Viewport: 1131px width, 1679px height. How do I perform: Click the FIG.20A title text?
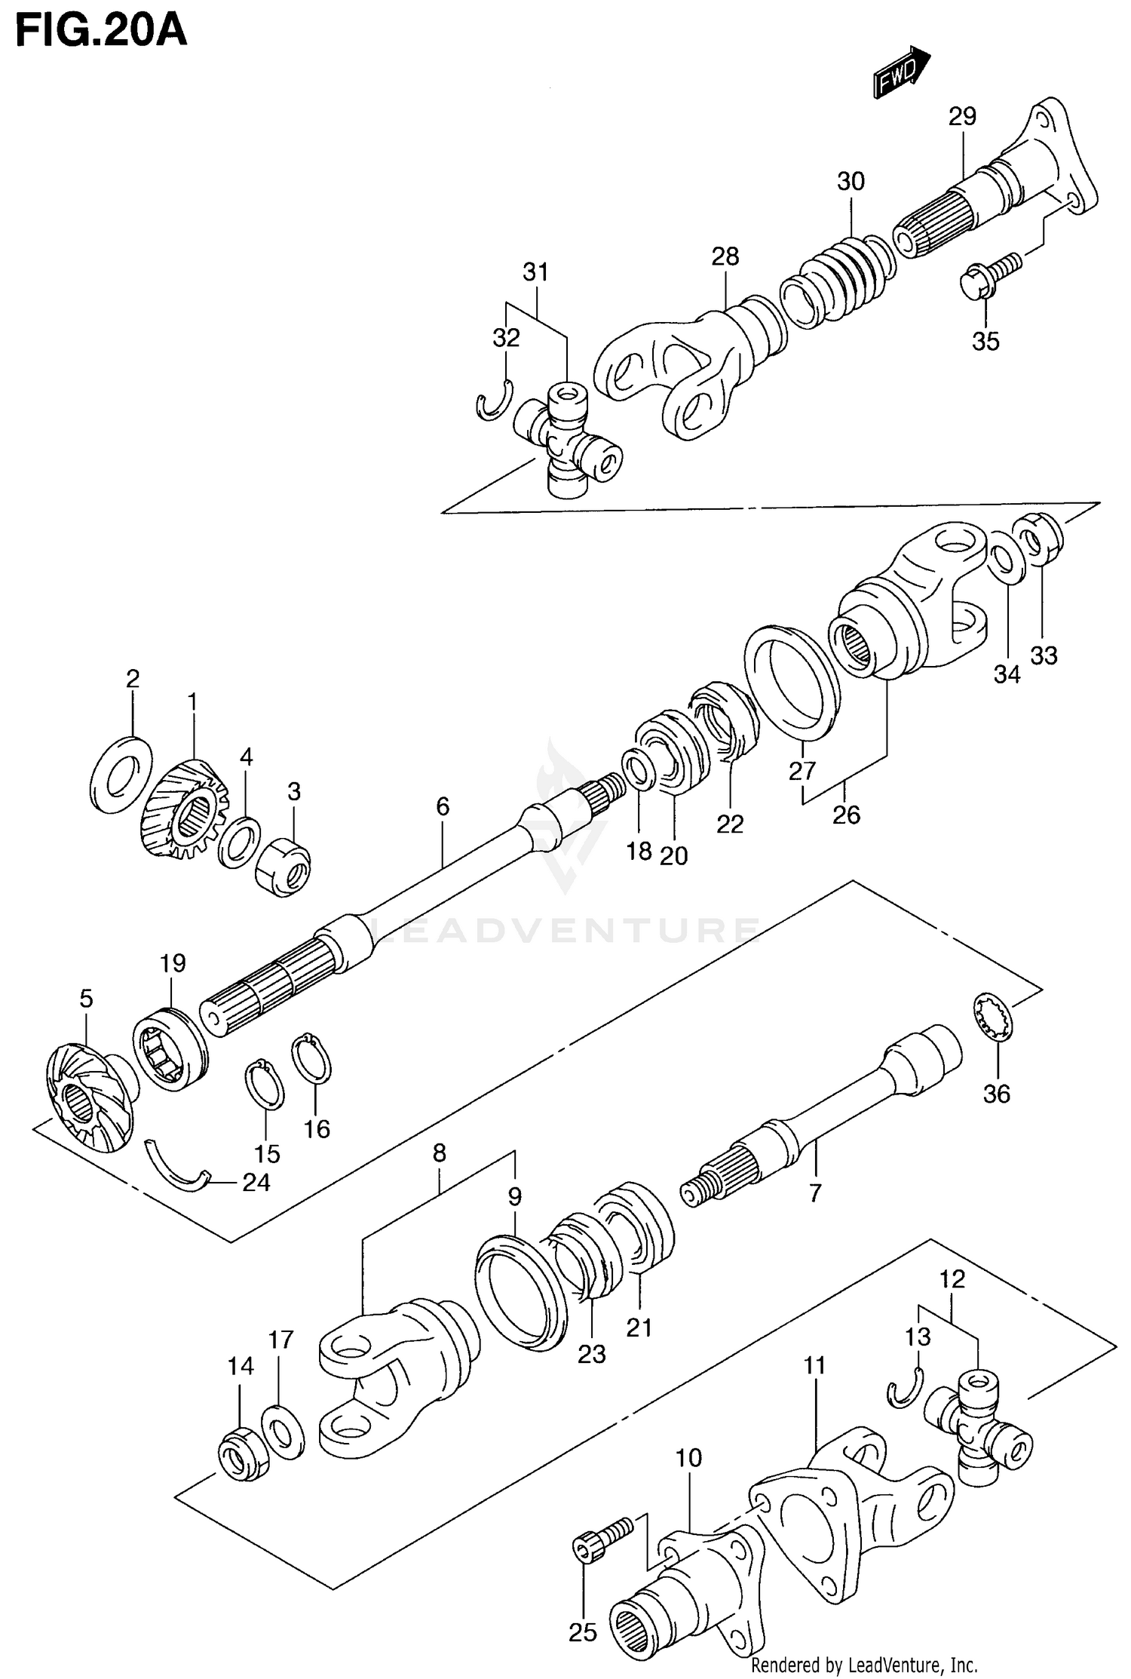[100, 32]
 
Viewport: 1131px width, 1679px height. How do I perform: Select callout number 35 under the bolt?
[985, 341]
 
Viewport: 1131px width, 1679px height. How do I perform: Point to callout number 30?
[850, 181]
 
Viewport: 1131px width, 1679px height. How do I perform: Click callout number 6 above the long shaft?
[443, 807]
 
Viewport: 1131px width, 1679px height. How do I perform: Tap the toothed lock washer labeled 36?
[992, 1019]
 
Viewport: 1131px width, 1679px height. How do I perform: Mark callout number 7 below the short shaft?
[814, 1194]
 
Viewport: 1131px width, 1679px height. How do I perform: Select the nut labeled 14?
[242, 1453]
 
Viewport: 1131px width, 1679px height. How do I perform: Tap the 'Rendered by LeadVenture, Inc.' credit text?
[864, 1664]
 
